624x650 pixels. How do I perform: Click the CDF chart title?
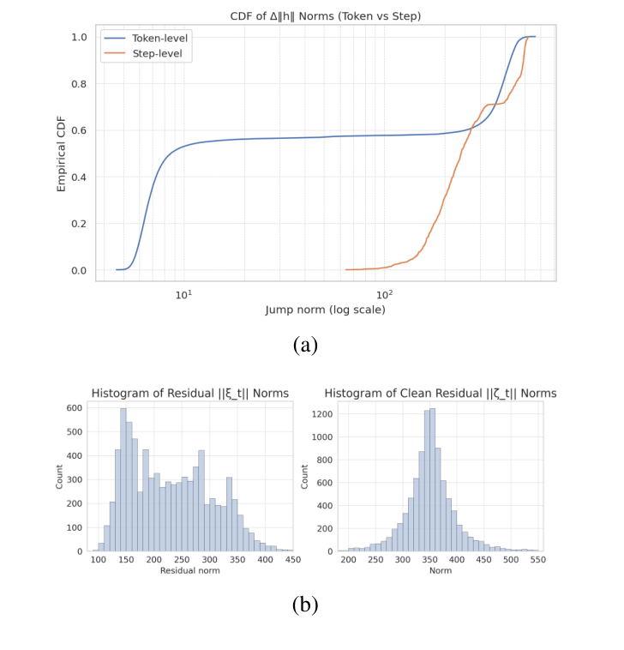click(325, 15)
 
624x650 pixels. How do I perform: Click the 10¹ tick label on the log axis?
click(183, 294)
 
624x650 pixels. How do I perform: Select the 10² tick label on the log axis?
click(385, 294)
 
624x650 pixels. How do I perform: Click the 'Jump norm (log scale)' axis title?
click(325, 310)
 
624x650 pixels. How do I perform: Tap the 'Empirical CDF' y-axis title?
click(61, 154)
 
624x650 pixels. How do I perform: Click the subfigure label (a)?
click(305, 345)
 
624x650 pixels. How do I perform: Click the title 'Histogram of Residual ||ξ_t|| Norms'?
click(190, 394)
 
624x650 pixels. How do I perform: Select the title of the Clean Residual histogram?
click(441, 394)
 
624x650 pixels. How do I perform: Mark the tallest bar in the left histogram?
click(123, 480)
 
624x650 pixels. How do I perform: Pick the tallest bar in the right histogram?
click(432, 480)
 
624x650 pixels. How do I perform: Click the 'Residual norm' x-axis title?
click(191, 570)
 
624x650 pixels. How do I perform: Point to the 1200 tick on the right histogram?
click(322, 413)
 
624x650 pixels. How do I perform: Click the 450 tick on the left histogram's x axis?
click(292, 560)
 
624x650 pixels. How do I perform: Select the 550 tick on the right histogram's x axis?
click(538, 560)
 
